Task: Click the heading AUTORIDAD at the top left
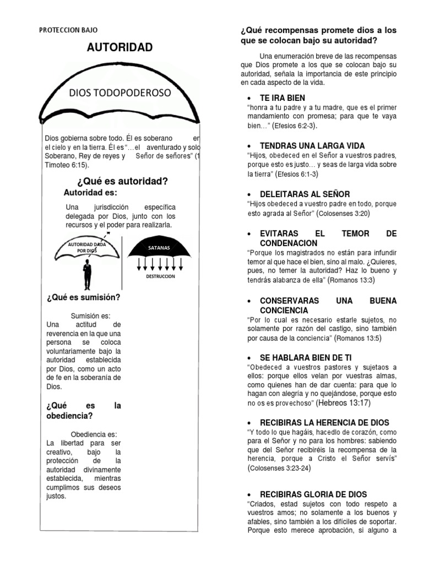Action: (x=120, y=47)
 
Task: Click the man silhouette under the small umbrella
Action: (x=87, y=274)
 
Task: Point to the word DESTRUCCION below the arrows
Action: (x=160, y=276)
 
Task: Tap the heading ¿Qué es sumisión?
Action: (x=84, y=298)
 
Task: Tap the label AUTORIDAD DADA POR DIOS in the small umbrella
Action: (x=87, y=247)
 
